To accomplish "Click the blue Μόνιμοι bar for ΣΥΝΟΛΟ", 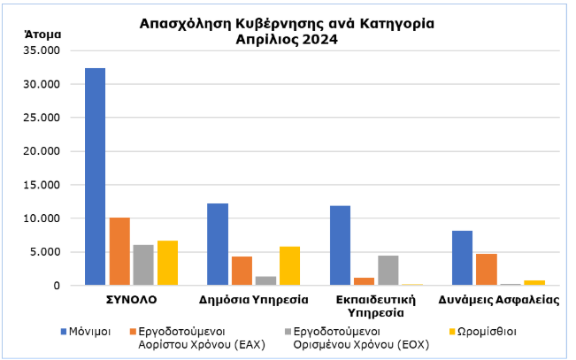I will [x=95, y=177].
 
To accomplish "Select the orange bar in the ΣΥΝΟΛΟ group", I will [x=119, y=251].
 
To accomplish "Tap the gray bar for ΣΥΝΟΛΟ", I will [x=143, y=265].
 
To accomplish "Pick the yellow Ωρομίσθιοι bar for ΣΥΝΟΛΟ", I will [x=167, y=263].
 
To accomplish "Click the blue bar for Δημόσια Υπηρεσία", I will [x=218, y=244].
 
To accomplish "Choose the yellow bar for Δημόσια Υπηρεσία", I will [x=290, y=265].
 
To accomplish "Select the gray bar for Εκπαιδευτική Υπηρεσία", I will [x=388, y=270].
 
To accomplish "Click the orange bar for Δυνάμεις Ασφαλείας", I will [x=487, y=269].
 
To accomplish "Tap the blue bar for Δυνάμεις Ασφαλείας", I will [x=462, y=257].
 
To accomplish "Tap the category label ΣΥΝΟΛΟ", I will [x=132, y=300].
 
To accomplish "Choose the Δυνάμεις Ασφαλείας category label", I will [x=500, y=300].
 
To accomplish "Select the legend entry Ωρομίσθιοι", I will [x=488, y=331].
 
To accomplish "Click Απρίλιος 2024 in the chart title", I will [x=288, y=39].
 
